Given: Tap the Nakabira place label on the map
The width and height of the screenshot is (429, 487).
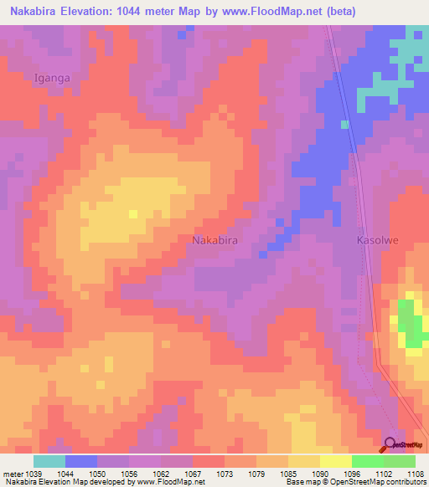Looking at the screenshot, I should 215,240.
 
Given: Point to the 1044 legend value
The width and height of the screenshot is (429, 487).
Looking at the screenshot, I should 65,474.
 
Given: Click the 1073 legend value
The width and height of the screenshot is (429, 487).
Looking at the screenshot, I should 224,474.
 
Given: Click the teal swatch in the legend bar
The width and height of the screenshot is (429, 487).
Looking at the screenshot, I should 49,461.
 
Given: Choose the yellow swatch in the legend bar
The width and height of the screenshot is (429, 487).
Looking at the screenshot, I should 335,461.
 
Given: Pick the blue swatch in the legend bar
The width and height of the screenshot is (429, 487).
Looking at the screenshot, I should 80,461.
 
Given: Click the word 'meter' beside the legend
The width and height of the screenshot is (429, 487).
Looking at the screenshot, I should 11,474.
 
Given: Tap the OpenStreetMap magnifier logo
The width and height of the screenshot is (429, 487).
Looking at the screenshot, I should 390,444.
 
